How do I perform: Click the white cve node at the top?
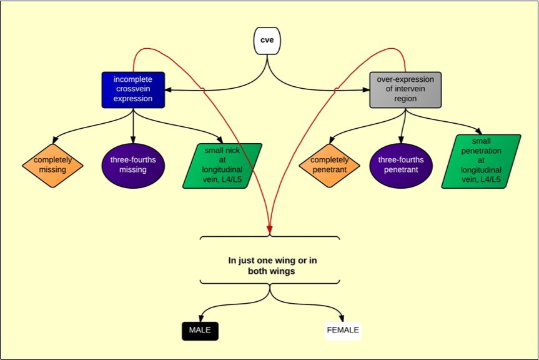click(267, 41)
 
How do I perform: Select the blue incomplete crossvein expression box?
click(133, 89)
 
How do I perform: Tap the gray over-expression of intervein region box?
click(405, 89)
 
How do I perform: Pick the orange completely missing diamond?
click(52, 164)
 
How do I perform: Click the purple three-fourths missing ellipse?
click(133, 164)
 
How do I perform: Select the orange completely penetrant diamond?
click(329, 164)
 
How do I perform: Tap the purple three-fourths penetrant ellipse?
click(400, 164)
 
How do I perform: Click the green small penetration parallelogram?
click(481, 161)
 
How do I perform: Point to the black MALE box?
click(200, 330)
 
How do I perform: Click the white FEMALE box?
click(343, 330)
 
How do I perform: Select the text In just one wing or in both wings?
click(269, 266)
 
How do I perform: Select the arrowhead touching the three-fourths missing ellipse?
click(133, 141)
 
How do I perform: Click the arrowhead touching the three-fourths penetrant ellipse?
click(402, 141)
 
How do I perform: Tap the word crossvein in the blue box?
click(133, 89)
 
